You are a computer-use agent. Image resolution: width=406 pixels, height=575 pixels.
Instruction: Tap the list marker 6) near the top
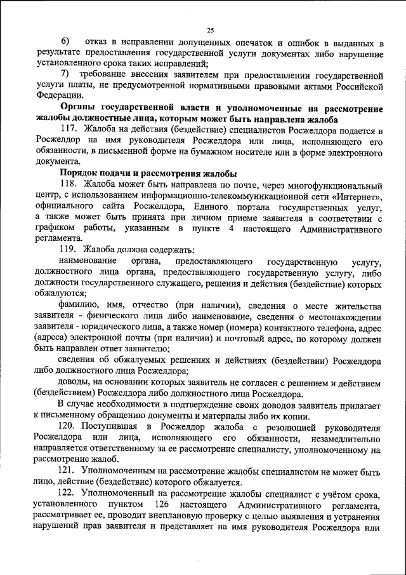click(x=65, y=43)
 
